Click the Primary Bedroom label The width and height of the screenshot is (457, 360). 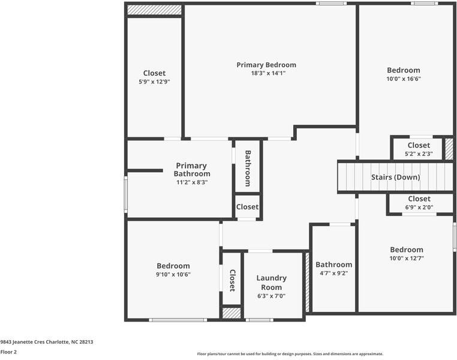(x=266, y=65)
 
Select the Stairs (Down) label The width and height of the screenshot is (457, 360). (x=395, y=177)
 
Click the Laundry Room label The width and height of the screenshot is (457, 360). (x=271, y=283)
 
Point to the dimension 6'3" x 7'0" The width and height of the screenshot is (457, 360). (x=271, y=296)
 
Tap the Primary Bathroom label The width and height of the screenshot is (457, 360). (x=192, y=170)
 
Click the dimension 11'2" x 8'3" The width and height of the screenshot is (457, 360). (x=192, y=182)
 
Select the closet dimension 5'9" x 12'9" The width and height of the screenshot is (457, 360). (x=154, y=82)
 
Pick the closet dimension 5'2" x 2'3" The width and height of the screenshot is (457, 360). (x=419, y=154)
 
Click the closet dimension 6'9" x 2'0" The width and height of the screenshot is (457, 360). (x=419, y=208)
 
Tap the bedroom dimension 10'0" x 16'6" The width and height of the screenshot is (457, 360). (x=403, y=79)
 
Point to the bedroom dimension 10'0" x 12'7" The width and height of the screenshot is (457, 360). (x=406, y=259)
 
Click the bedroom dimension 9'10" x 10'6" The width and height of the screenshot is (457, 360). (x=173, y=274)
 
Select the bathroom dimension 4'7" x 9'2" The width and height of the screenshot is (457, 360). (x=333, y=273)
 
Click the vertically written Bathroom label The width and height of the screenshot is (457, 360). (x=247, y=167)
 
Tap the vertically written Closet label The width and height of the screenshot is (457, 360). (x=232, y=278)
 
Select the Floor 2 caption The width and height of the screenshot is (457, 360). (x=8, y=352)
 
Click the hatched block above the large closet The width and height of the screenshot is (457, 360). (x=154, y=10)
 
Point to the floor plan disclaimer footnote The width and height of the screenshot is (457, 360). (x=290, y=354)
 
